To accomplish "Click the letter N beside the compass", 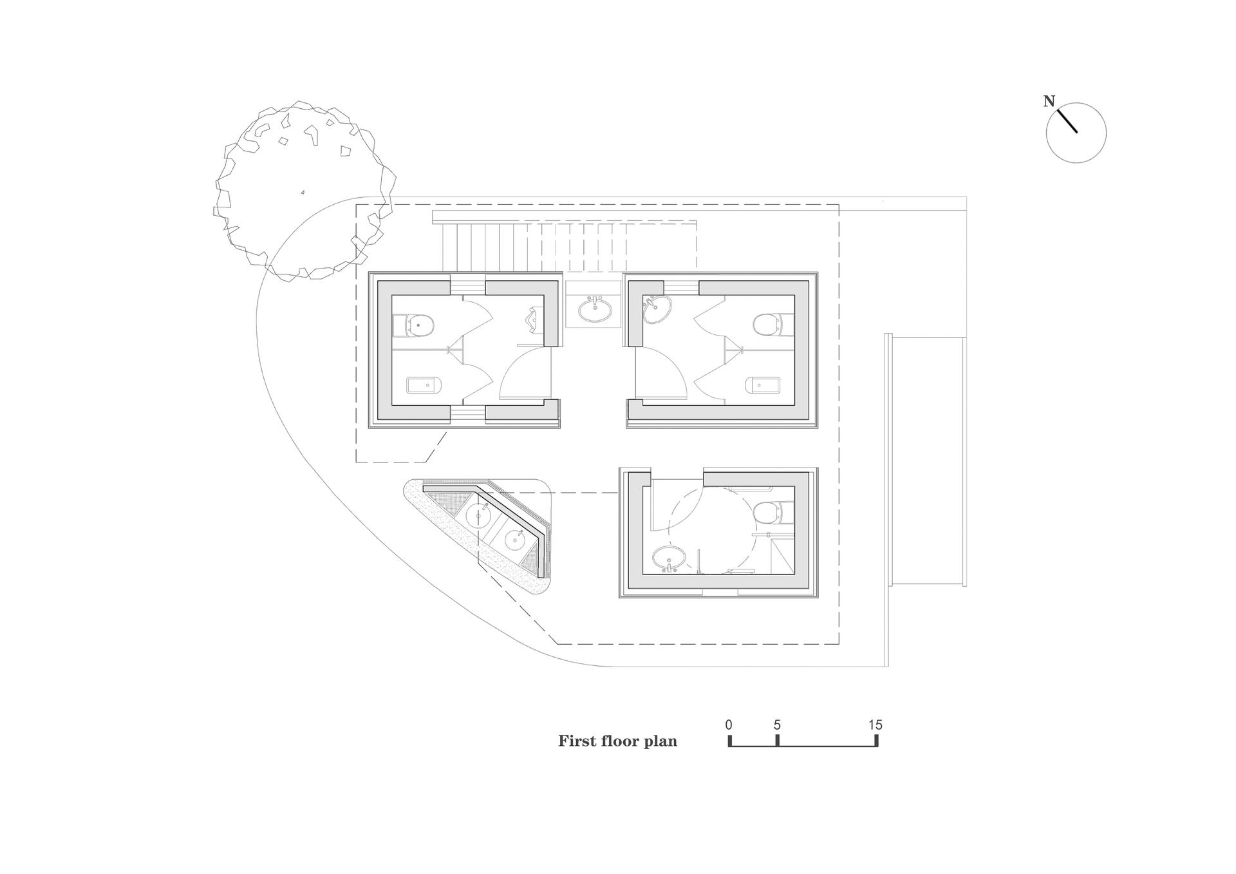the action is click(x=1049, y=102).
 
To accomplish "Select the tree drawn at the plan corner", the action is click(x=304, y=191).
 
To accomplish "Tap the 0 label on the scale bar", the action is click(x=729, y=725).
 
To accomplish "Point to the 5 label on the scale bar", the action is click(x=777, y=725).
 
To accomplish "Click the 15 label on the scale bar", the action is click(x=875, y=725).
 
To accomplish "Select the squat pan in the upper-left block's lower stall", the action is click(x=424, y=385).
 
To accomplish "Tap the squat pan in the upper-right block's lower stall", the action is click(x=763, y=385).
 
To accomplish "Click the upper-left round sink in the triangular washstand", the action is click(x=479, y=515).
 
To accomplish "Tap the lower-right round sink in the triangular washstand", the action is click(x=516, y=539).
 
